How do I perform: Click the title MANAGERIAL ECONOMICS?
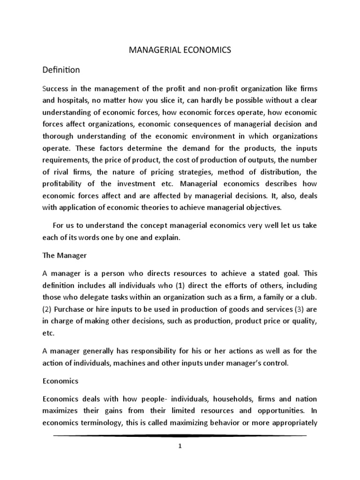pos(180,51)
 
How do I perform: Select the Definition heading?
pos(61,70)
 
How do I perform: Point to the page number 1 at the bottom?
pos(180,446)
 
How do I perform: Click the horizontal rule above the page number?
pos(180,436)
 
